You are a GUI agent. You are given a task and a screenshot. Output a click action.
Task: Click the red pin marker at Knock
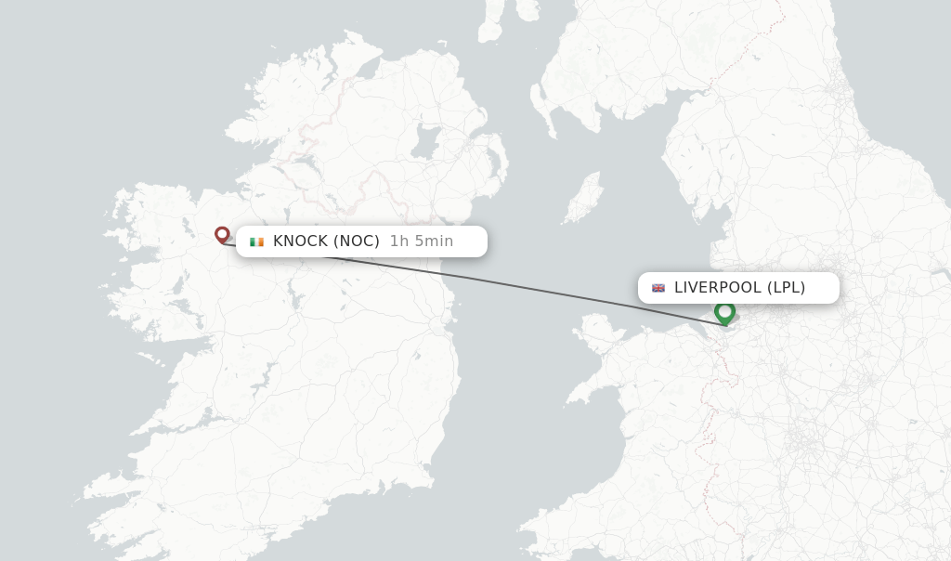click(222, 235)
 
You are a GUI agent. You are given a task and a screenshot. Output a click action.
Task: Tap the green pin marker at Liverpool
click(725, 312)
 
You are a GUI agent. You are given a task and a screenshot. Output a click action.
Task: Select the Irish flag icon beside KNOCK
click(256, 241)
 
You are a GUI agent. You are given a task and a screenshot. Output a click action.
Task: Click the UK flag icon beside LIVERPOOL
click(658, 288)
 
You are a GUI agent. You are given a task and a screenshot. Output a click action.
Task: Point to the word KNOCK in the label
click(300, 241)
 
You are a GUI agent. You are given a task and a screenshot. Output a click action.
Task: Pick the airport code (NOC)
click(357, 241)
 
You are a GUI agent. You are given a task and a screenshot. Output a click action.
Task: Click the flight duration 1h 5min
click(422, 241)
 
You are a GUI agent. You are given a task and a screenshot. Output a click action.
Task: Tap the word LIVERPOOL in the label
click(718, 288)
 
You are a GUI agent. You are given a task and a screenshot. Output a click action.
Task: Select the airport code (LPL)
click(786, 288)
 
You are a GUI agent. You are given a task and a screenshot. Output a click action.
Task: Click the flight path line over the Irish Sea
click(520, 279)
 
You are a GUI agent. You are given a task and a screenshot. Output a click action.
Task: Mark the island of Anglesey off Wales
click(595, 329)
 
